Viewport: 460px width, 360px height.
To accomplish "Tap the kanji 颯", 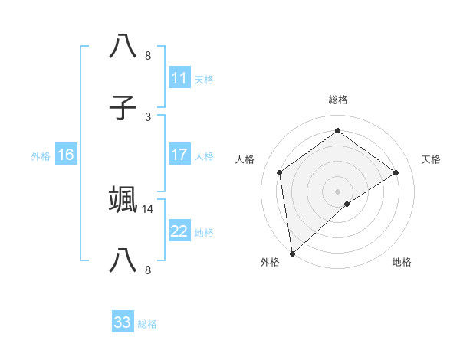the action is click(x=123, y=198).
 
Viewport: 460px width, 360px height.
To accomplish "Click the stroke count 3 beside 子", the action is click(x=148, y=116).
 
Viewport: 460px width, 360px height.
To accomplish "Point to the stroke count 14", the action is click(x=148, y=208).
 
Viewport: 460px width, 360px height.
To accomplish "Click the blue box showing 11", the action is click(x=179, y=78).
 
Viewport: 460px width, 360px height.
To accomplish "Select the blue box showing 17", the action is click(x=179, y=155).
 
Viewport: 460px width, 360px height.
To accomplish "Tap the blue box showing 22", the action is click(x=179, y=231).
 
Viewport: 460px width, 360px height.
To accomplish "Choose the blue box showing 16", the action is click(x=65, y=155).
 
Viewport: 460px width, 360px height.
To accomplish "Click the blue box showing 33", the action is click(x=123, y=322).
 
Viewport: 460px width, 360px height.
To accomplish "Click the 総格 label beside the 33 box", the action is click(x=147, y=324).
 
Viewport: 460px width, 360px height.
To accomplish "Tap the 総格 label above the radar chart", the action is click(x=337, y=100).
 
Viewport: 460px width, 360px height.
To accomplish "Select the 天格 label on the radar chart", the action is click(x=431, y=159).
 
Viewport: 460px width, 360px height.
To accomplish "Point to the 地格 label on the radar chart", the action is click(x=402, y=263).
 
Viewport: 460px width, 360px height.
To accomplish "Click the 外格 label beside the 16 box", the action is click(x=41, y=156).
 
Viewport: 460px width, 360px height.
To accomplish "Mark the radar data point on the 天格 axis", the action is click(x=396, y=172).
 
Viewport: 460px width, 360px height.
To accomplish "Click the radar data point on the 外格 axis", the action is click(x=292, y=253).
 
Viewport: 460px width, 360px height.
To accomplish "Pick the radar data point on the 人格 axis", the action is click(x=280, y=172).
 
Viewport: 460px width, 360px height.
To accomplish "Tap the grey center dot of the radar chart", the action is click(x=337, y=191).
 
